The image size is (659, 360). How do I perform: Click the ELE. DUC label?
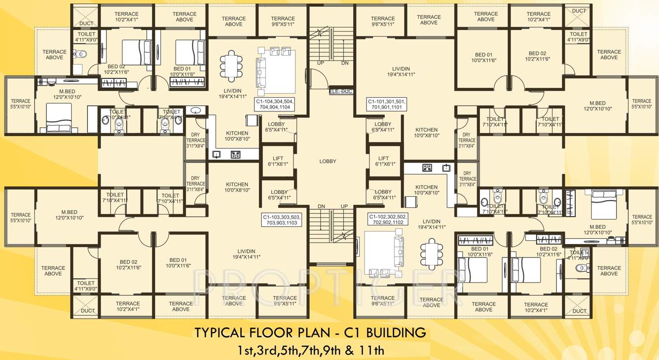(x=341, y=91)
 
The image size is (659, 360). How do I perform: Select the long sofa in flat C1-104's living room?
(x=261, y=76)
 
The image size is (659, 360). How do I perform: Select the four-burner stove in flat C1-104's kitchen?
(x=235, y=155)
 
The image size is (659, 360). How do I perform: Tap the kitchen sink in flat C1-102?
(x=447, y=168)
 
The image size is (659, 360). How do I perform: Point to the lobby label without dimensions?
(x=328, y=161)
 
